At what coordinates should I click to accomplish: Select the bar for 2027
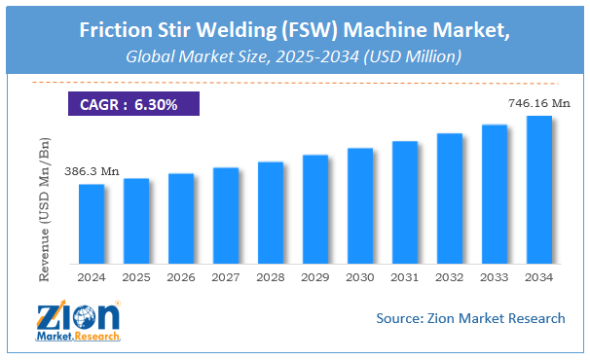click(x=226, y=215)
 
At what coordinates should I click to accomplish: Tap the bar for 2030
click(x=360, y=205)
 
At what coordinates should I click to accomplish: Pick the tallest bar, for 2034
click(x=539, y=190)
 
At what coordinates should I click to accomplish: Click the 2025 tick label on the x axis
click(x=136, y=276)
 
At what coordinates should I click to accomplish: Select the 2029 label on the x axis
click(x=315, y=276)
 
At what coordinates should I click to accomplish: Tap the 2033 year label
click(x=495, y=276)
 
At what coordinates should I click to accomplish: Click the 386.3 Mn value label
click(x=92, y=171)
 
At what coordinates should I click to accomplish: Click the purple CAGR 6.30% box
click(x=129, y=104)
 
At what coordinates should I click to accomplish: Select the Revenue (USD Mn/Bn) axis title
click(x=45, y=209)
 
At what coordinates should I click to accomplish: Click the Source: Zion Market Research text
click(x=470, y=317)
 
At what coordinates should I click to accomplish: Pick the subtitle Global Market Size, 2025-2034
click(x=294, y=56)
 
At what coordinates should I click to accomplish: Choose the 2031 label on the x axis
click(x=405, y=276)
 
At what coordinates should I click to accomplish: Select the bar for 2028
click(x=271, y=212)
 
